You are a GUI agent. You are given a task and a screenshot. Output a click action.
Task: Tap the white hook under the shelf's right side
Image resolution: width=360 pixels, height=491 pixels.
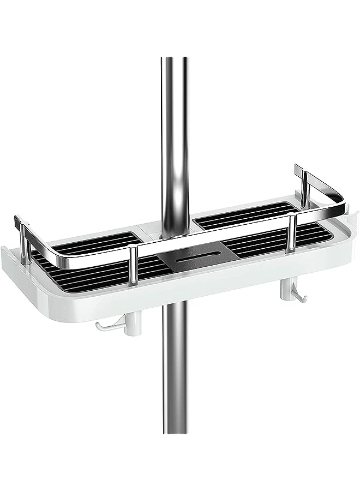pos(300,295)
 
